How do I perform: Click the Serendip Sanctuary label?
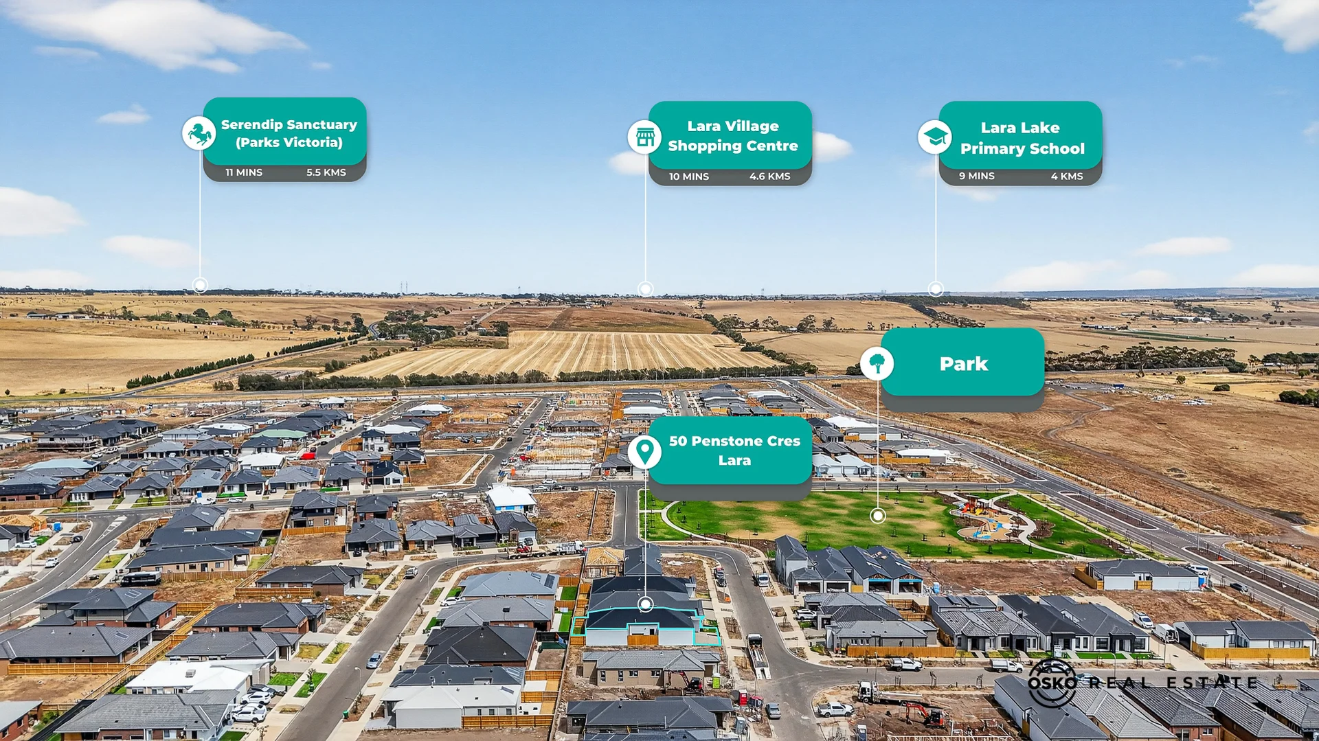pyautogui.click(x=289, y=133)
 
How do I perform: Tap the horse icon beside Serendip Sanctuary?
pyautogui.click(x=199, y=133)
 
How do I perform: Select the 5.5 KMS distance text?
pyautogui.click(x=326, y=172)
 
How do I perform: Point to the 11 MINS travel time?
pyautogui.click(x=244, y=172)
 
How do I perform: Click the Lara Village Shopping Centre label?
pyautogui.click(x=733, y=136)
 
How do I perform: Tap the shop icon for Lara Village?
pyautogui.click(x=644, y=137)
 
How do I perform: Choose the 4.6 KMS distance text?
pyautogui.click(x=769, y=176)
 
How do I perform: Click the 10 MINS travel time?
pyautogui.click(x=689, y=176)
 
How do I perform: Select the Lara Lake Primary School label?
pyautogui.click(x=1022, y=138)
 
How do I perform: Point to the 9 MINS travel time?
pyautogui.click(x=977, y=176)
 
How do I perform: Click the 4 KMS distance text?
pyautogui.click(x=1067, y=176)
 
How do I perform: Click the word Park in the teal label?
pyautogui.click(x=964, y=364)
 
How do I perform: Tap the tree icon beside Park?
pyautogui.click(x=877, y=363)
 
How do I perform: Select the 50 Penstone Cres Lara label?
pyautogui.click(x=734, y=451)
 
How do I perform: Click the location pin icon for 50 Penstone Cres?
pyautogui.click(x=644, y=452)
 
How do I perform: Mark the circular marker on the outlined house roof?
pyautogui.click(x=645, y=604)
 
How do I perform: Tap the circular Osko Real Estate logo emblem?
pyautogui.click(x=1052, y=683)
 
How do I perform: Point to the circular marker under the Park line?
pyautogui.click(x=877, y=515)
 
